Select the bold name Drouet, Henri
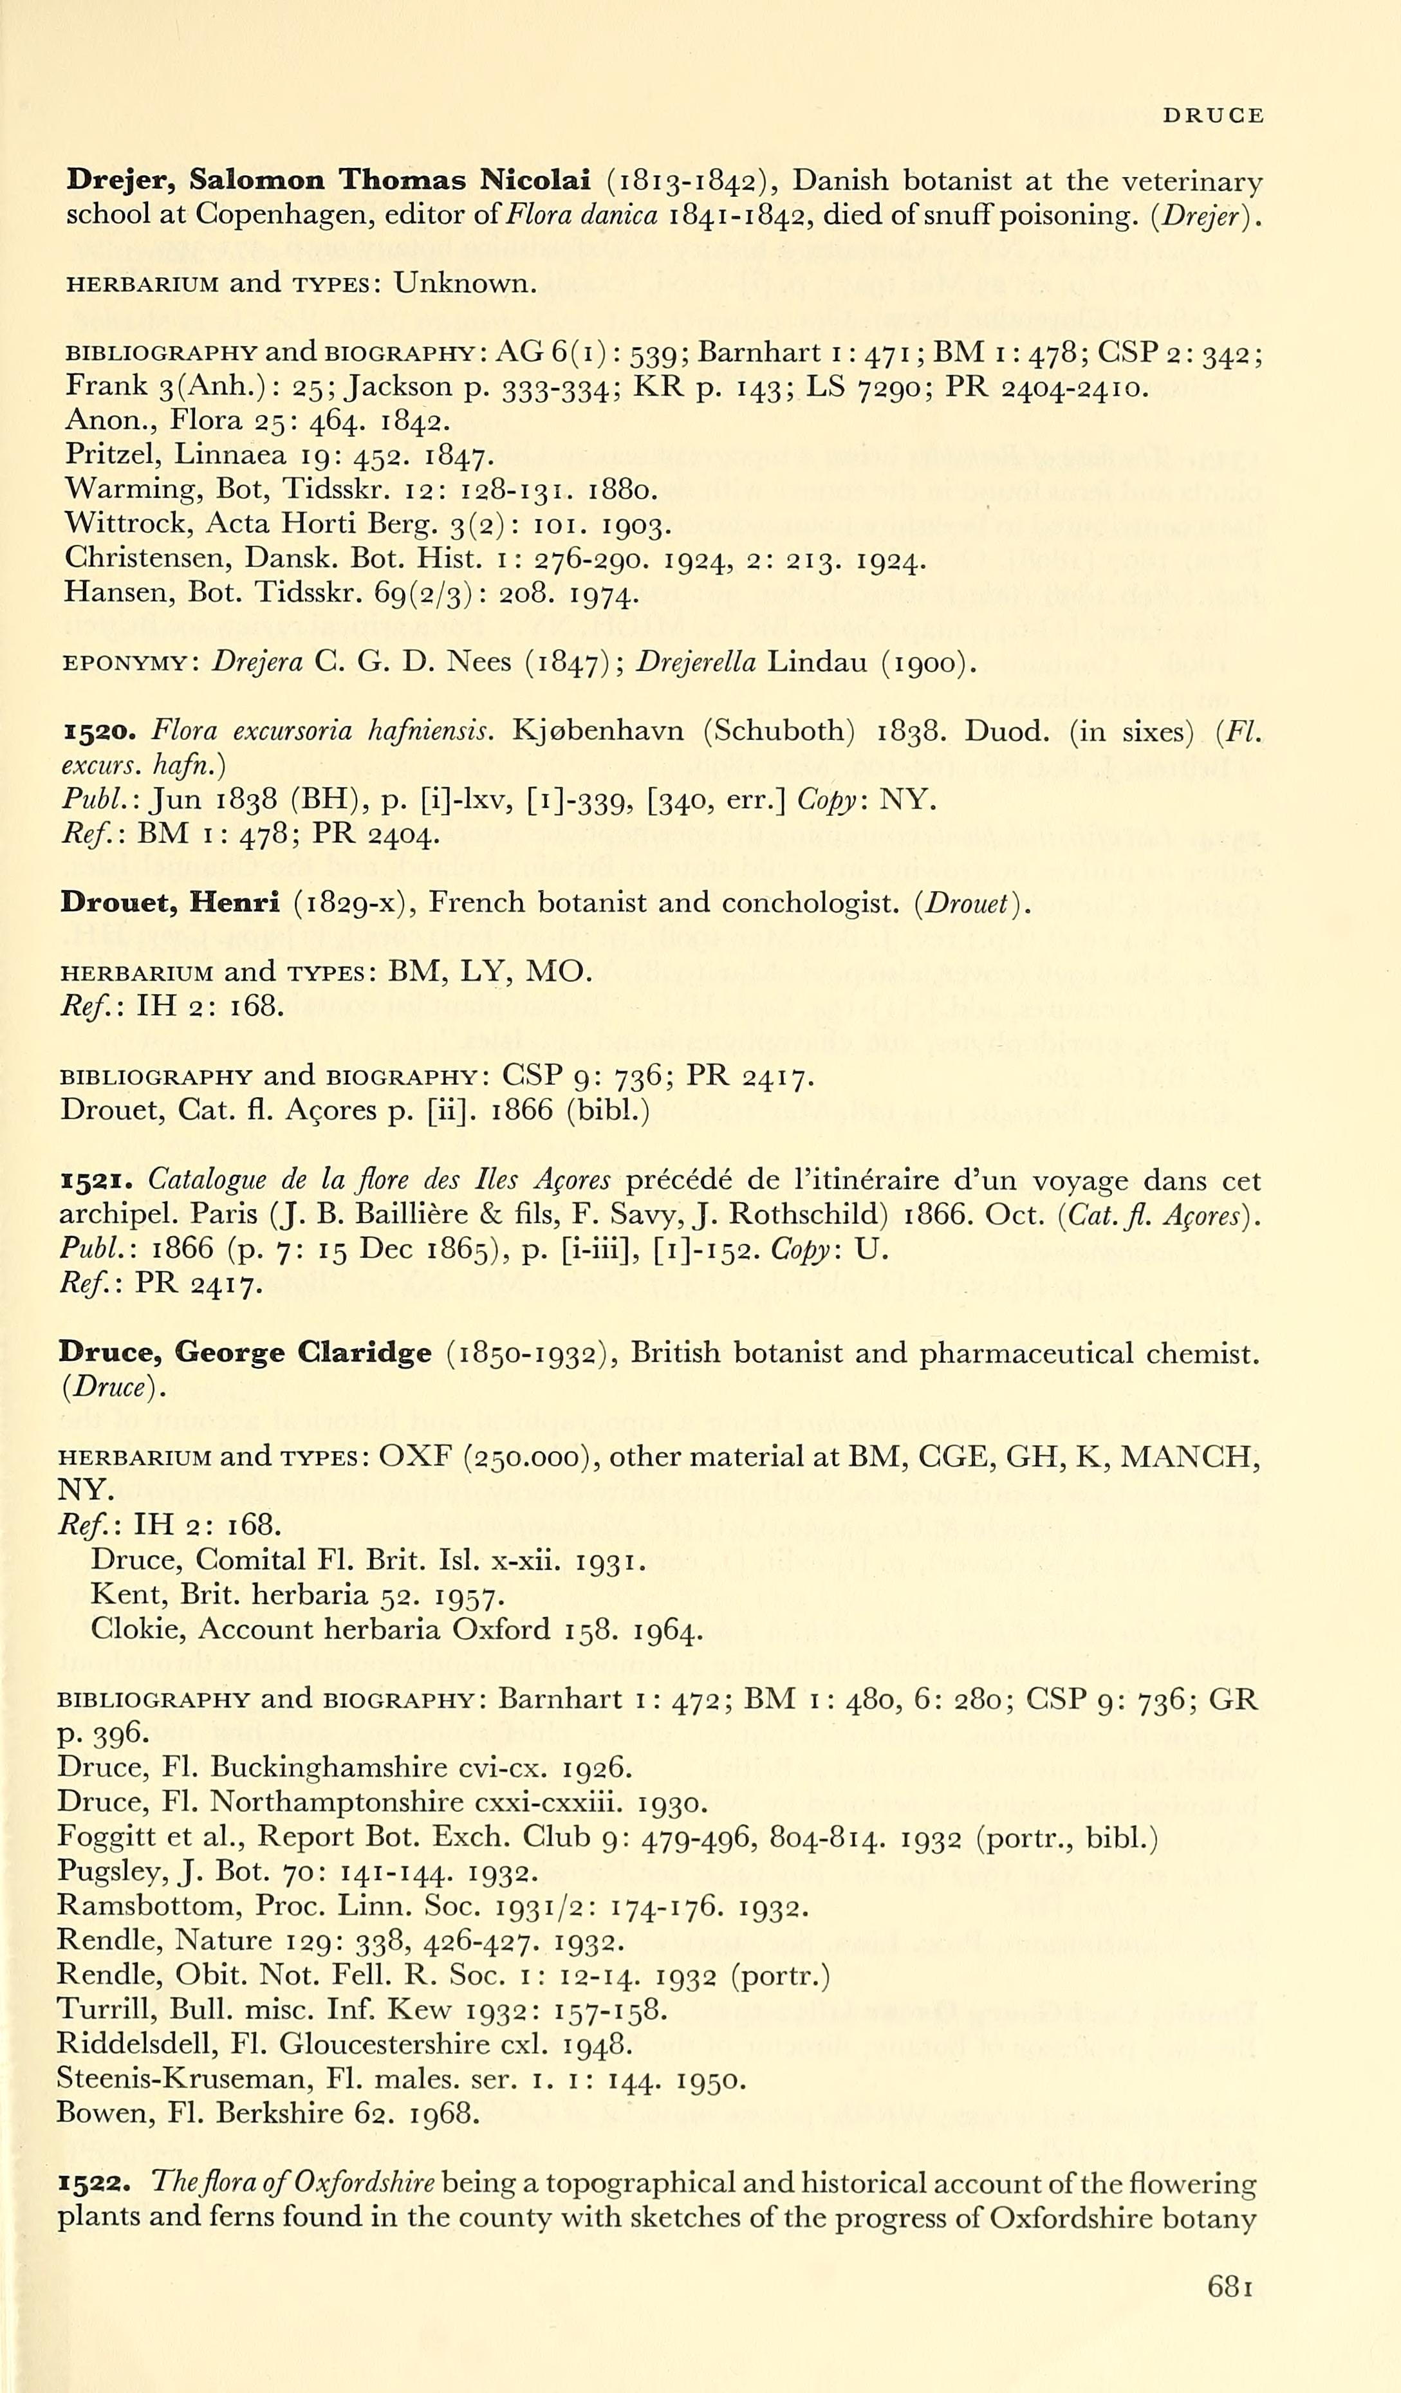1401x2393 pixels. click(x=169, y=902)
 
